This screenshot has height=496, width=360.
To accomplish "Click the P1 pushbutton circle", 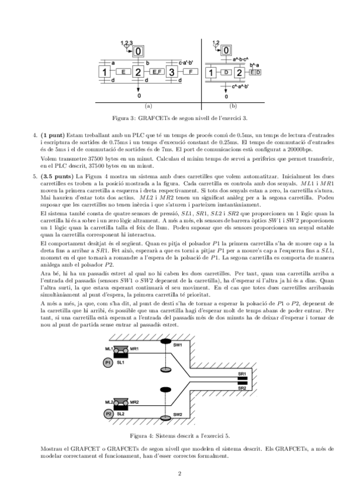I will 107,363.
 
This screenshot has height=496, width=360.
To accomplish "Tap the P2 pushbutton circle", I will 109,414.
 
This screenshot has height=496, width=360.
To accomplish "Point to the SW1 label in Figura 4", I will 178,346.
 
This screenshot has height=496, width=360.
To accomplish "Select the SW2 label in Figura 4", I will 178,415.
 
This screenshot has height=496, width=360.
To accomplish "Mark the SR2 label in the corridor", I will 242,388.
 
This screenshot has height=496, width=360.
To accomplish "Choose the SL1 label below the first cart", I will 120,363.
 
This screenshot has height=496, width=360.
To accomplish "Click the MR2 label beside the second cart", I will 134,403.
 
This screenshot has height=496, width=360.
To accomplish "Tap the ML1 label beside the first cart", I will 109,349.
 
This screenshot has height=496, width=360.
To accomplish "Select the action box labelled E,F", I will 156,72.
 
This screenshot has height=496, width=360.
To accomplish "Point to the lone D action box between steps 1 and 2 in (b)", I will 226,73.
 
